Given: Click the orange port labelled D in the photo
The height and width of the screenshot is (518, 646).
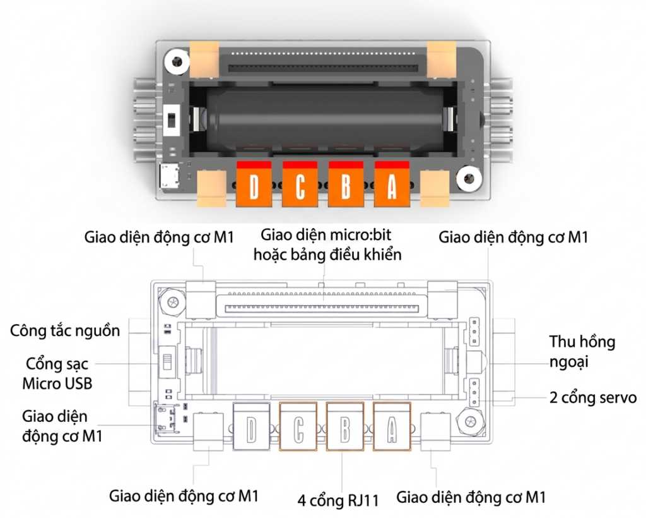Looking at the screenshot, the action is (254, 184).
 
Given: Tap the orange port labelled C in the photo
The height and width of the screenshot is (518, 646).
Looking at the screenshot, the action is (300, 184).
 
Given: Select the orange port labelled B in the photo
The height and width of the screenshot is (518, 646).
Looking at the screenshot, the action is (346, 184).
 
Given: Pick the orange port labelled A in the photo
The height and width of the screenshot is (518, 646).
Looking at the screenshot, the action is (392, 184).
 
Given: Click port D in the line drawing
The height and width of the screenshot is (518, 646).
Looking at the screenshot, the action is (251, 426).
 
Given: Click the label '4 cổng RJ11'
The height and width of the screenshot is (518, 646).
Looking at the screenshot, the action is (338, 501).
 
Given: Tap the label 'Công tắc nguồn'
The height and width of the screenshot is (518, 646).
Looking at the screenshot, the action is (65, 331).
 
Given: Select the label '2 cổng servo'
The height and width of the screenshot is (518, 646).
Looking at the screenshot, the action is (593, 397).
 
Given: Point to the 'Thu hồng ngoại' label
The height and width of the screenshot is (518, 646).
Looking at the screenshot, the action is (582, 352).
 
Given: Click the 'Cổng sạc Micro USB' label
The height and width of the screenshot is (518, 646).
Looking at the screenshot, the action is (57, 373).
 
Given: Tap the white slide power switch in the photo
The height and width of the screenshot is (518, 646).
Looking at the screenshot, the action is (172, 120).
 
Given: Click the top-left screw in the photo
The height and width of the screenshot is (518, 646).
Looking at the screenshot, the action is (177, 62).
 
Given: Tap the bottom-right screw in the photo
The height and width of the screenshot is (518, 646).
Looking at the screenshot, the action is (469, 179).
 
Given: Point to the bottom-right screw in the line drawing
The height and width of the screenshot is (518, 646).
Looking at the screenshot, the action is (470, 421).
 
